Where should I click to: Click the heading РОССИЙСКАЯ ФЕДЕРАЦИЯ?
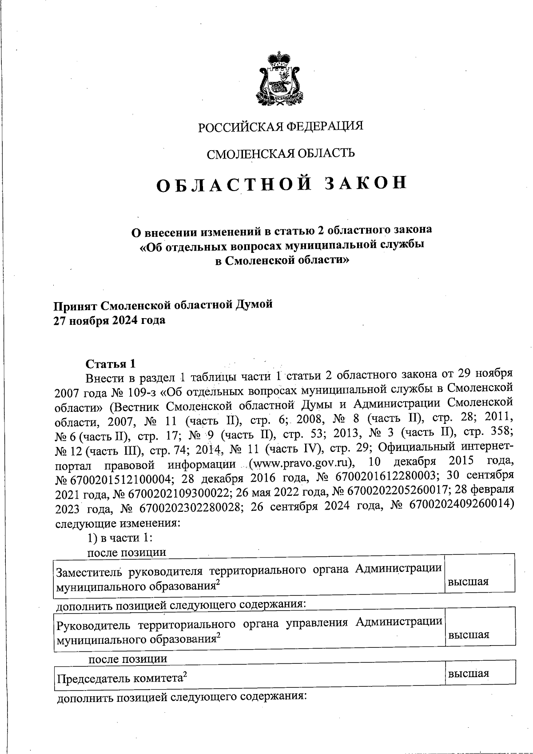click(x=281, y=127)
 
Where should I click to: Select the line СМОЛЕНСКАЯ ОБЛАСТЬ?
click(x=281, y=154)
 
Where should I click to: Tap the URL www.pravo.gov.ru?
click(x=302, y=465)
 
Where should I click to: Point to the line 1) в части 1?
click(x=120, y=538)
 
